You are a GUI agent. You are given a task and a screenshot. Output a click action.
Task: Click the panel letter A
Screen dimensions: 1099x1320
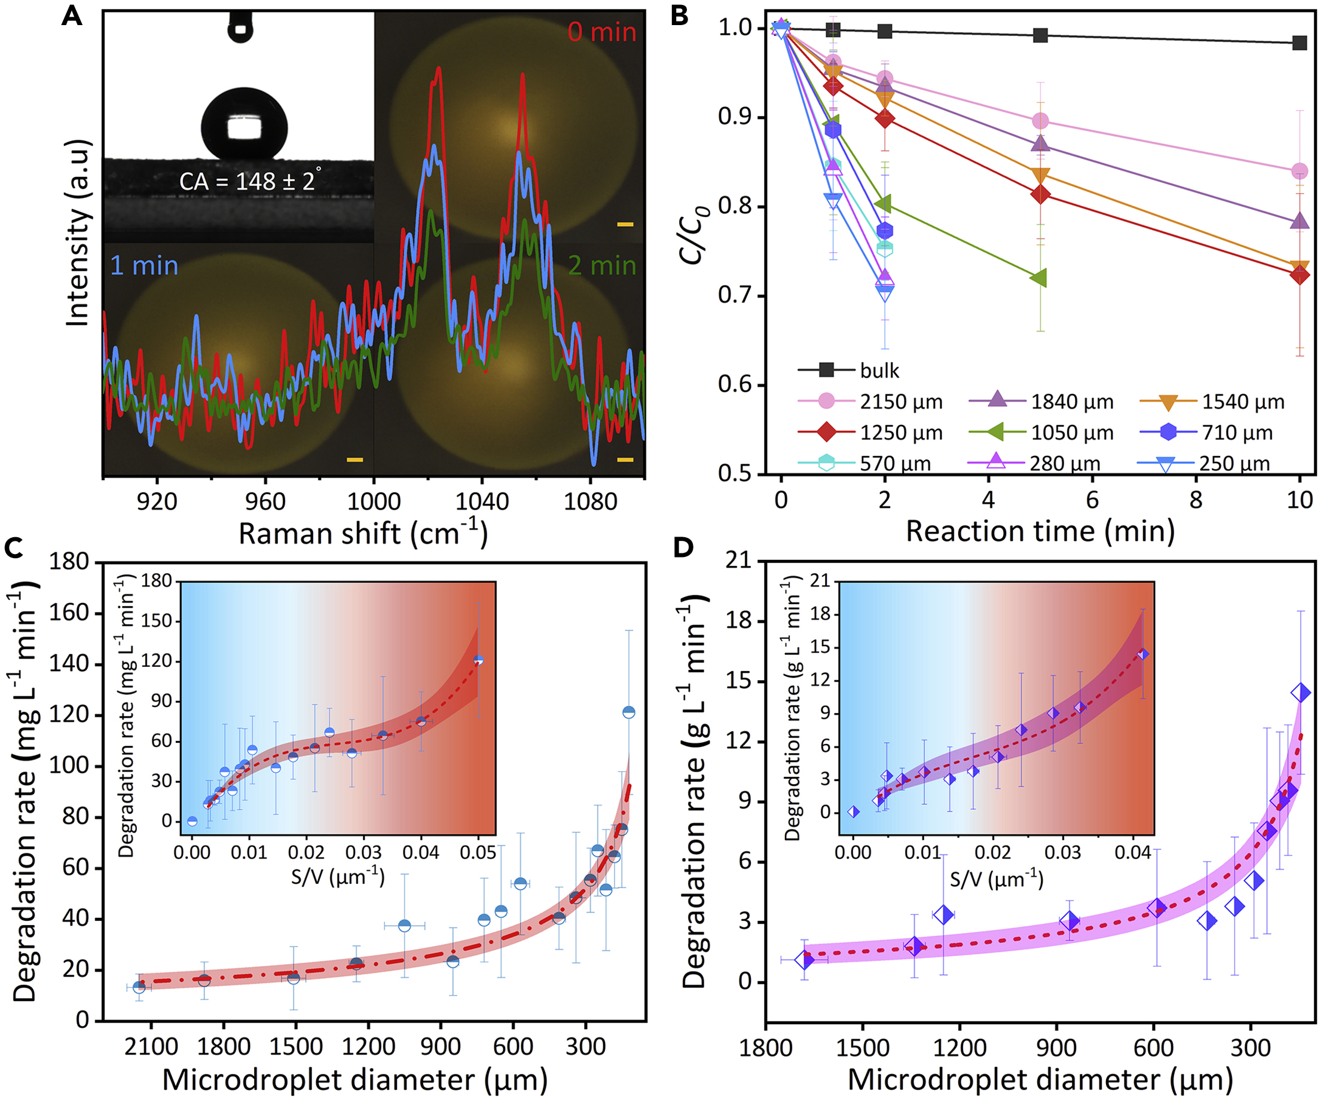72,16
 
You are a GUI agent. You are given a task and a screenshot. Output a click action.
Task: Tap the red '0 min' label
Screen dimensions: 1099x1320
601,32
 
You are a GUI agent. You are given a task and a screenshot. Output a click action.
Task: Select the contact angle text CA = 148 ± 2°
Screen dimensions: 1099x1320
249,181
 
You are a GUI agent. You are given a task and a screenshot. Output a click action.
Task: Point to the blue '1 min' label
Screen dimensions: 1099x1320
144,266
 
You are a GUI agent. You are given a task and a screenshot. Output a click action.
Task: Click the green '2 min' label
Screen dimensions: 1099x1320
601,266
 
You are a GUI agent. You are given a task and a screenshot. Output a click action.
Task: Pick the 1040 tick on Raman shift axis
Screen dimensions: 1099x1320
481,501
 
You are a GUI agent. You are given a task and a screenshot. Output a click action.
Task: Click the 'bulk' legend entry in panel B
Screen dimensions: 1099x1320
879,371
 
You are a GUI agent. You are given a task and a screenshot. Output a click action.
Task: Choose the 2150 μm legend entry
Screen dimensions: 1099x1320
901,402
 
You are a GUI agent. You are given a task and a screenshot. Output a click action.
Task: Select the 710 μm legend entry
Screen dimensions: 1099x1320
1237,432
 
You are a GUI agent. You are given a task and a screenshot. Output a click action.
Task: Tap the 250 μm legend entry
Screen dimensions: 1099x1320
1234,464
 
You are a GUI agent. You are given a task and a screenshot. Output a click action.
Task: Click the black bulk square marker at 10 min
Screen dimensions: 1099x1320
1299,42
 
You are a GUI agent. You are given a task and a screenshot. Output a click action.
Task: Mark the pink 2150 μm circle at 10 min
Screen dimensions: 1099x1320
1299,171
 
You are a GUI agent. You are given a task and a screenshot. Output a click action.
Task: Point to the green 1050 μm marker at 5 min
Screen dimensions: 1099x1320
1040,278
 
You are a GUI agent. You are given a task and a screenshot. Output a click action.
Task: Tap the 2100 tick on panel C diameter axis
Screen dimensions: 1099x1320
151,1046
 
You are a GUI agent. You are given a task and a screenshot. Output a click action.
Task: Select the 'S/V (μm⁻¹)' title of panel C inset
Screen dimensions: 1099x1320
338,877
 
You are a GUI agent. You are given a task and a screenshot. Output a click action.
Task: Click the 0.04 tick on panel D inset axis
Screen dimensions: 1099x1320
1133,853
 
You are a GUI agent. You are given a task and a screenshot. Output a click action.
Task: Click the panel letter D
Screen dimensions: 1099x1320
683,548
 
